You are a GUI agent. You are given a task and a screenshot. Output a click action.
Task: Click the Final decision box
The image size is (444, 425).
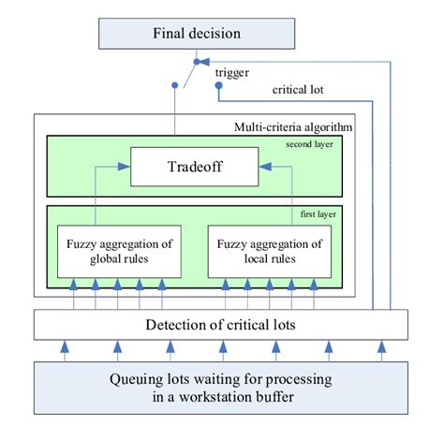tap(197, 34)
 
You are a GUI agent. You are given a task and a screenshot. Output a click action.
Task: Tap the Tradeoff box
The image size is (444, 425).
tap(195, 167)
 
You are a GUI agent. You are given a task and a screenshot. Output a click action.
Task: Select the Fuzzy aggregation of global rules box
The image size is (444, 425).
tap(119, 251)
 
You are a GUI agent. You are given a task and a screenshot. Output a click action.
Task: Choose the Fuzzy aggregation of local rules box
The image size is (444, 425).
tap(270, 251)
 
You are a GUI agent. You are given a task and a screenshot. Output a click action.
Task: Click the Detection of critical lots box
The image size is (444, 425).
tap(221, 325)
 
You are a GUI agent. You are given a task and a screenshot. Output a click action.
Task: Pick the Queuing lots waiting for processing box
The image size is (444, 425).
tap(221, 388)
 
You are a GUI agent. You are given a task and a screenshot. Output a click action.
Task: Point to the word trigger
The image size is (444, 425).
tap(232, 73)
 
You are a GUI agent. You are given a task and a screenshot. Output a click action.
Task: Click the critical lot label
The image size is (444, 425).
tap(298, 90)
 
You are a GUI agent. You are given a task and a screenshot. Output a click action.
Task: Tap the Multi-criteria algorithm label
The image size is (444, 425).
tap(293, 127)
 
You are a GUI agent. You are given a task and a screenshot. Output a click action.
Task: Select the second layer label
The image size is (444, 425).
tap(309, 144)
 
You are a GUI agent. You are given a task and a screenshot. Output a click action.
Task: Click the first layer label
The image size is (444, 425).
tap(318, 214)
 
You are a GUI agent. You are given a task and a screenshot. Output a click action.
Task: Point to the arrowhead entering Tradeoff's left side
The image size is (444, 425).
tap(124, 167)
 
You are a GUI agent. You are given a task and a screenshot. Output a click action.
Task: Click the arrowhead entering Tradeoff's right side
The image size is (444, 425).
tap(265, 167)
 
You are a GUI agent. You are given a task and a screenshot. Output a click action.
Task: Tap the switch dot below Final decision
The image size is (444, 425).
tap(197, 62)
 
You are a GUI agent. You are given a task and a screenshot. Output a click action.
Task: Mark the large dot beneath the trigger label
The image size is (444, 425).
tap(219, 85)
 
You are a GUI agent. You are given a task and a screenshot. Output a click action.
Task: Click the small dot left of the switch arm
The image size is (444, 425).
tap(175, 85)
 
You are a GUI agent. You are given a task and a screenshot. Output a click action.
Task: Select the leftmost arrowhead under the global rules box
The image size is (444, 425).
tap(73, 285)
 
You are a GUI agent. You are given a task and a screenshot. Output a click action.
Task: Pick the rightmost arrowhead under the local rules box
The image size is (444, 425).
tap(314, 285)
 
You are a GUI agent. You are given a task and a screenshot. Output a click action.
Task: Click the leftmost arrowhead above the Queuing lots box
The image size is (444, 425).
tap(65, 346)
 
